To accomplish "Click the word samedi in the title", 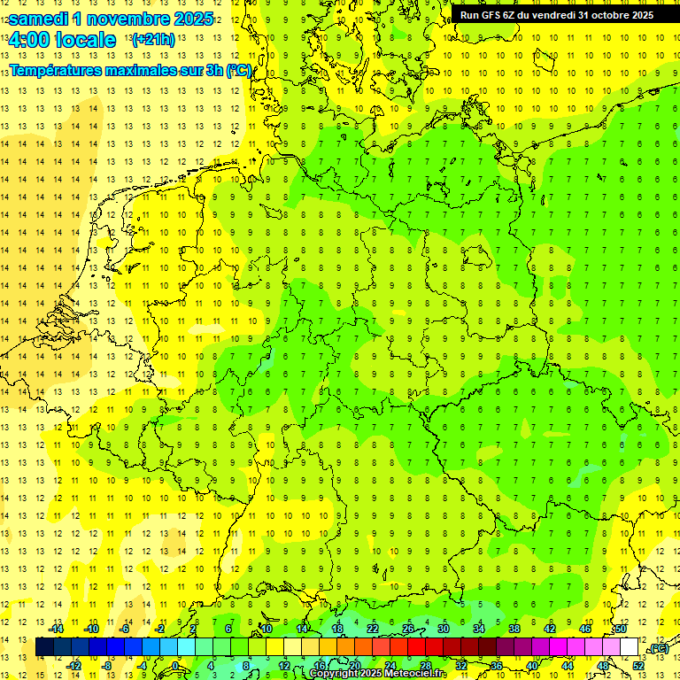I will tap(41, 19).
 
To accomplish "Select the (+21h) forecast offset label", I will tap(152, 40).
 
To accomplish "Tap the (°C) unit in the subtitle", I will tap(237, 70).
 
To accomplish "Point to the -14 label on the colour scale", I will tap(57, 629).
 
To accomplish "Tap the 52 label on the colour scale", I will tap(638, 665).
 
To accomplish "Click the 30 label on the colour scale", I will tap(444, 629).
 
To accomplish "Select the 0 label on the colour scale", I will tap(176, 665).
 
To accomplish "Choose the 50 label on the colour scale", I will tap(621, 629).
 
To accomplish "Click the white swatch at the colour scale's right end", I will tap(630, 647).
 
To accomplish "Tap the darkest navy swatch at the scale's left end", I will tap(43, 647).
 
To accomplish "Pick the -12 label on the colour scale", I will tap(74, 665).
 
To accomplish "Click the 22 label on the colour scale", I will tap(373, 629).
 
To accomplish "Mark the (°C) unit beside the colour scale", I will tap(658, 649).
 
